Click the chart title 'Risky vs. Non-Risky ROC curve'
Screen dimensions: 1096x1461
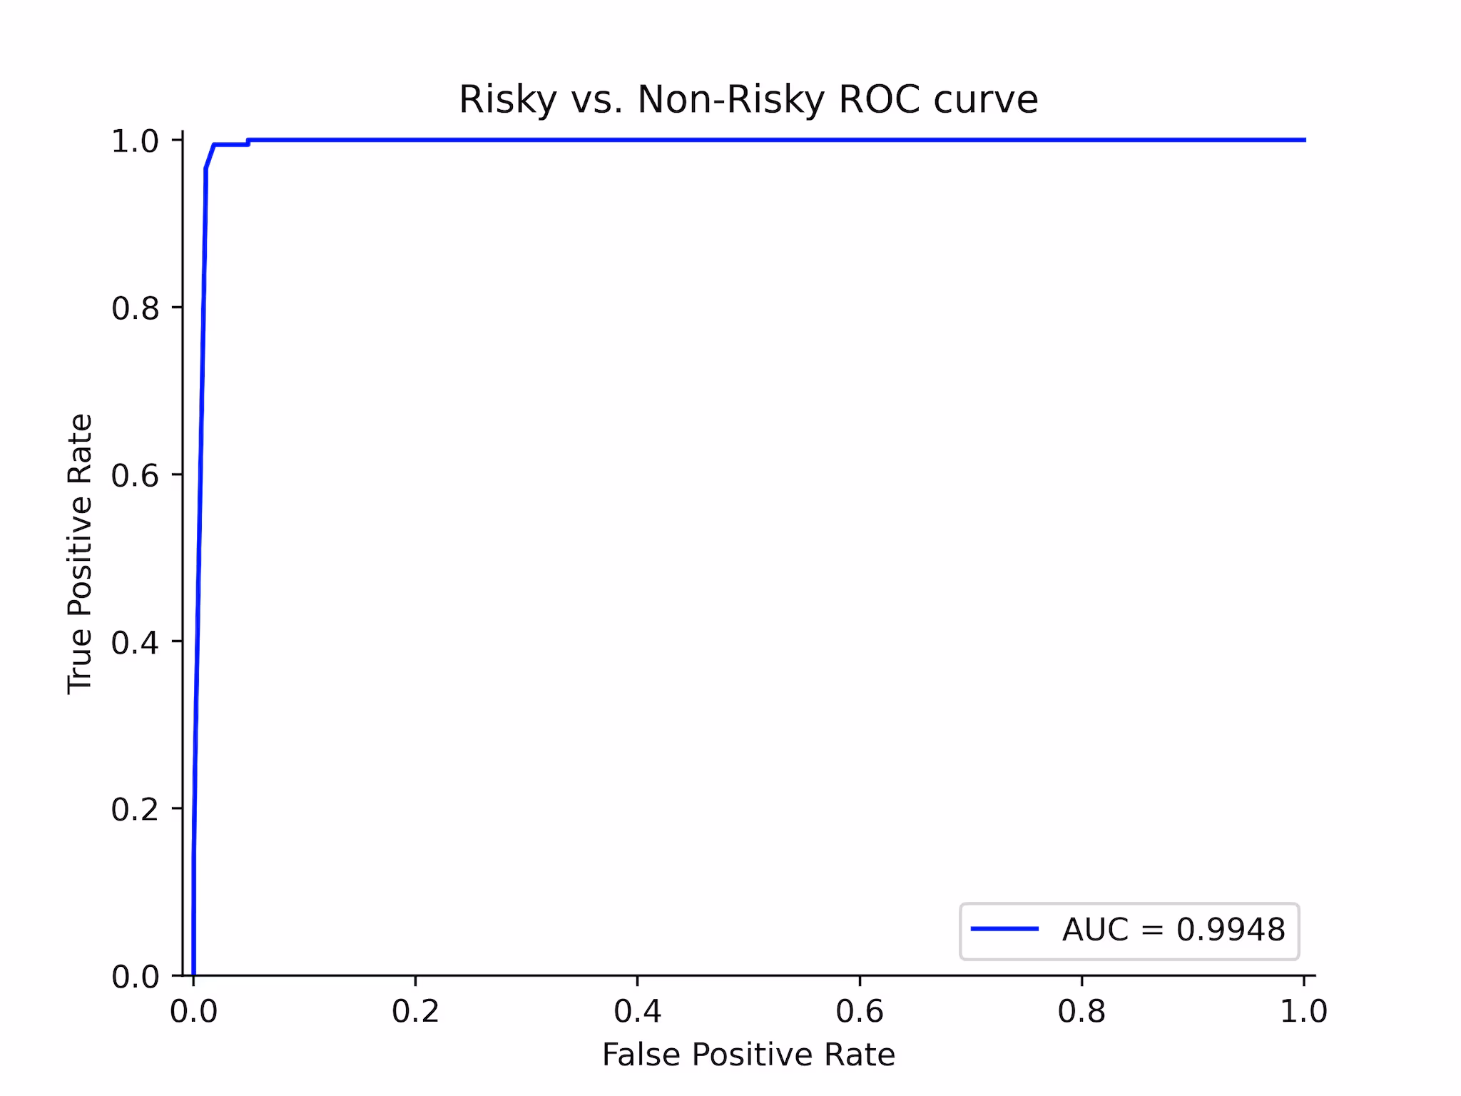(x=748, y=100)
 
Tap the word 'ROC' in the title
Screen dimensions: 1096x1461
(x=880, y=100)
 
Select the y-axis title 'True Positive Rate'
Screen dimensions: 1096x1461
(x=80, y=553)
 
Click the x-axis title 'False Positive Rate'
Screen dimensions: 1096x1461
(x=748, y=1055)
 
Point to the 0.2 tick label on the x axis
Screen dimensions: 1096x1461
(x=415, y=1012)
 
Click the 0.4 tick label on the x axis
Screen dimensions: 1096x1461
(x=637, y=1012)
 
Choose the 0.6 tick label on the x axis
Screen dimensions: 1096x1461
(x=860, y=1012)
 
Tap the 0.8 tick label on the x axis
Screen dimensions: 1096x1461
(x=1081, y=1012)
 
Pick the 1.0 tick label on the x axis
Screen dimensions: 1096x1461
(x=1303, y=1012)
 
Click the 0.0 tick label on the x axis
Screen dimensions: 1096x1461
(x=193, y=1012)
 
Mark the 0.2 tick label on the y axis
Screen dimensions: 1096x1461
(x=135, y=809)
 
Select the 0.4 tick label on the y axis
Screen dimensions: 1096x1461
(x=135, y=642)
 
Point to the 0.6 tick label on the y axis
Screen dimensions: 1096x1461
(x=135, y=475)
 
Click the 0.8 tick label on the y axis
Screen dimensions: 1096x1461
(x=135, y=308)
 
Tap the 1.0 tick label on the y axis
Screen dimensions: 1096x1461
(x=135, y=141)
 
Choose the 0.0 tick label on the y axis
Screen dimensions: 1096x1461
(x=135, y=976)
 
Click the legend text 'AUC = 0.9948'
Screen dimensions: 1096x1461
(x=1174, y=930)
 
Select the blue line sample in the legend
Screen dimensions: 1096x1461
(x=1004, y=928)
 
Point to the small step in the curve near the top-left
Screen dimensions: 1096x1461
(x=248, y=142)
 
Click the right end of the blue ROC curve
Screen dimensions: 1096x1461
(x=1305, y=140)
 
